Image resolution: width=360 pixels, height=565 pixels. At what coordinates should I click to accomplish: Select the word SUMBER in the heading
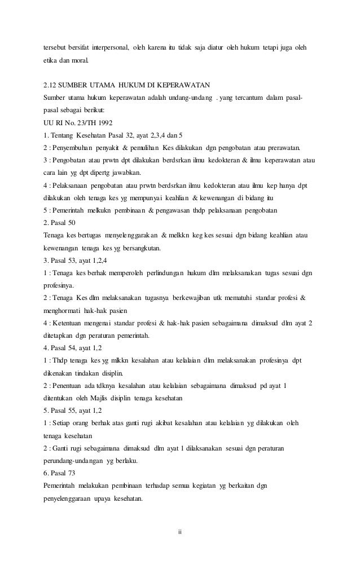[76, 85]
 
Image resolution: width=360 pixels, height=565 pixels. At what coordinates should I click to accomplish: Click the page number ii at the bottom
[179, 531]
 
